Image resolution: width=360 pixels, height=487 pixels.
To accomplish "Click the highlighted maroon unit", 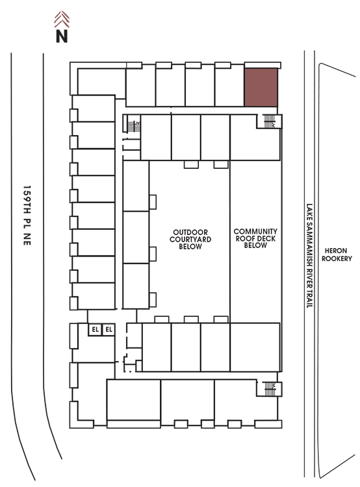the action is click(x=261, y=87).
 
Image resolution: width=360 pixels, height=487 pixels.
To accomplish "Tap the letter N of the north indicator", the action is click(x=62, y=36).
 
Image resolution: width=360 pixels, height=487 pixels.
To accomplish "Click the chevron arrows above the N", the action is click(x=62, y=19).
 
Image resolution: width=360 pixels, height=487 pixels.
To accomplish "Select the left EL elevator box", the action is click(x=95, y=329).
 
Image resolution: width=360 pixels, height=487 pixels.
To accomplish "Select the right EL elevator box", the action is click(x=109, y=329).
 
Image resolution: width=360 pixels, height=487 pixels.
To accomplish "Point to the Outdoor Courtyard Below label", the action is click(x=190, y=240).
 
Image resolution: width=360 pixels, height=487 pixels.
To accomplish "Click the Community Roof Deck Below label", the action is click(x=255, y=238).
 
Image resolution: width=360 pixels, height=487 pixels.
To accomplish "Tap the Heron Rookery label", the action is click(x=337, y=255).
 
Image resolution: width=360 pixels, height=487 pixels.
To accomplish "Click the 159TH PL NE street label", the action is click(x=27, y=216).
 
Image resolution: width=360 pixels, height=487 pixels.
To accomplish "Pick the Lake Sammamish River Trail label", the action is click(x=309, y=256).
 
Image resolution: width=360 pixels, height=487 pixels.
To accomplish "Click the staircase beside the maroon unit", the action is click(x=269, y=121).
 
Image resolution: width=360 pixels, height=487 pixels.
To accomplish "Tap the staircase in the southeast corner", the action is click(x=270, y=389).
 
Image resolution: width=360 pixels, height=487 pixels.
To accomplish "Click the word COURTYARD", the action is click(x=190, y=240).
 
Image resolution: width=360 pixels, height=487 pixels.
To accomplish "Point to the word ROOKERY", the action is click(x=337, y=258).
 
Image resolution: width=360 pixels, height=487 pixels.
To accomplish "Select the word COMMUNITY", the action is click(x=255, y=231).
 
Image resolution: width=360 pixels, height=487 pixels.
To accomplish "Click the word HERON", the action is click(x=336, y=251).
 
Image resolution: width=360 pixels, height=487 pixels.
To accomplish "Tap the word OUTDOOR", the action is click(x=190, y=232).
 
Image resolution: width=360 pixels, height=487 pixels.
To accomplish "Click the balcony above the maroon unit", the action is click(x=263, y=65).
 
